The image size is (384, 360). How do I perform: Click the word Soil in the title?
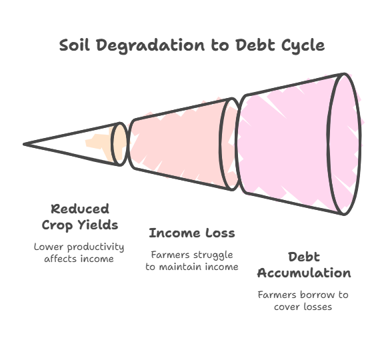pyautogui.click(x=74, y=45)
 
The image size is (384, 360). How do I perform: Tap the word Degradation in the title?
pyautogui.click(x=151, y=46)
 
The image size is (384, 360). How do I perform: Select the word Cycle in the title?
pyautogui.click(x=303, y=46)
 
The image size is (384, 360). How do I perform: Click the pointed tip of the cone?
pyautogui.click(x=24, y=144)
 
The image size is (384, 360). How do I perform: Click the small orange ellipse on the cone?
pyautogui.click(x=120, y=144)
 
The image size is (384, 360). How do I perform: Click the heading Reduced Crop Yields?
pyautogui.click(x=80, y=217)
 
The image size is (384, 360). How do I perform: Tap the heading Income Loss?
pyautogui.click(x=192, y=233)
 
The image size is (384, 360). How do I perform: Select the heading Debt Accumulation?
pyautogui.click(x=304, y=265)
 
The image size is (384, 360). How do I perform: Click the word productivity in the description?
pyautogui.click(x=95, y=247)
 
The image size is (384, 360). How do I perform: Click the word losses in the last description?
pyautogui.click(x=317, y=307)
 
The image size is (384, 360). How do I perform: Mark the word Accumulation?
pyautogui.click(x=304, y=273)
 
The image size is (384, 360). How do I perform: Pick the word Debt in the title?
pyautogui.click(x=255, y=45)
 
